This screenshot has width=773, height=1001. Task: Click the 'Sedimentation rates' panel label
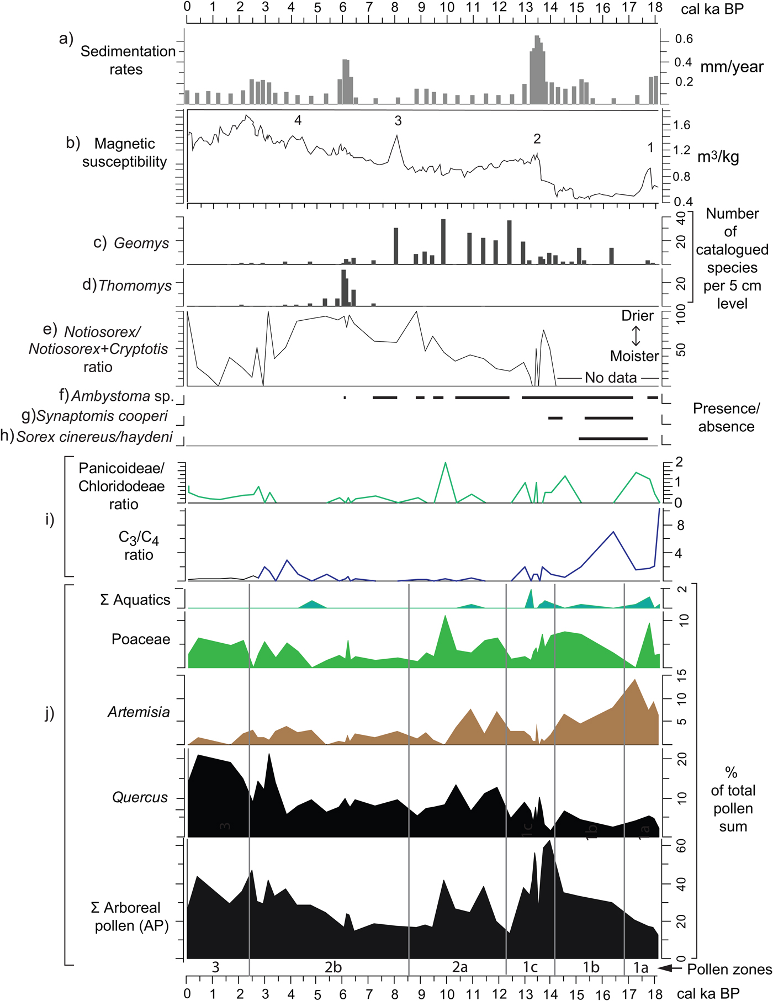tap(128, 60)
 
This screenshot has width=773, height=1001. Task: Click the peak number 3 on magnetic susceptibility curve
tap(398, 121)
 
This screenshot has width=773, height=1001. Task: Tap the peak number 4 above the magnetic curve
tap(298, 120)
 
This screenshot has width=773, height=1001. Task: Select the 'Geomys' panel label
tap(141, 243)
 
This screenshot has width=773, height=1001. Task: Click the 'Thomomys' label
tap(135, 285)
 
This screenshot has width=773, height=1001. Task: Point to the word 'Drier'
tap(637, 316)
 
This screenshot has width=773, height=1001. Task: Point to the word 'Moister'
tap(634, 356)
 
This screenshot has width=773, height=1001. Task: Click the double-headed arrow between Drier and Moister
tap(636, 336)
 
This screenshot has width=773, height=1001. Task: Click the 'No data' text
tap(611, 378)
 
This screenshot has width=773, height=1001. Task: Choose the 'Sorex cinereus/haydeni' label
tap(94, 437)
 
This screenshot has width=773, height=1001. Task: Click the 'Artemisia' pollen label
tap(139, 712)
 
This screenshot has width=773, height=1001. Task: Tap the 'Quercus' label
tap(140, 797)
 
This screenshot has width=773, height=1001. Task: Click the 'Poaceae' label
tap(141, 639)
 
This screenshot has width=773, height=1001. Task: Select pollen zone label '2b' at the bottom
tap(333, 967)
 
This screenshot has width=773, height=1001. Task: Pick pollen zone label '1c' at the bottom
tap(530, 967)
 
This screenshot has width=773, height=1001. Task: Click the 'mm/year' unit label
tap(732, 67)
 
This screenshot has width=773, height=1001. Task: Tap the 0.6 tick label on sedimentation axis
tap(684, 39)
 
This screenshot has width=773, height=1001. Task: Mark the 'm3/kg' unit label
tap(718, 157)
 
